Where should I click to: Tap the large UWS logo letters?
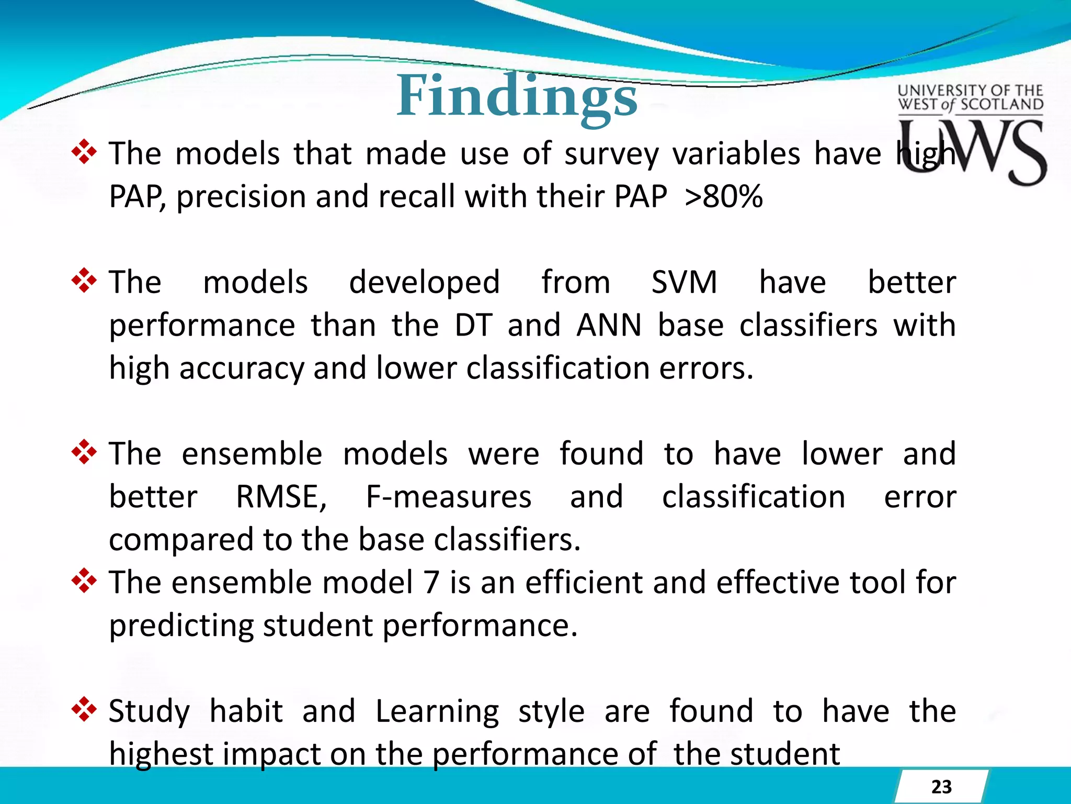[972, 151]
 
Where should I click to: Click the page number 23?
[941, 787]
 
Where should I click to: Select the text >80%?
[723, 197]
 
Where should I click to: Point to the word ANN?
[609, 326]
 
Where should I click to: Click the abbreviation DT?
[473, 326]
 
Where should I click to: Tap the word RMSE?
[281, 497]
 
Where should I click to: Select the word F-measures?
[448, 497]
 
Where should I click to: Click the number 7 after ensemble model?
[431, 583]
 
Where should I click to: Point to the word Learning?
[437, 712]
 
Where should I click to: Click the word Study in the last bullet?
[149, 712]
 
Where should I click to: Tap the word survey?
[611, 155]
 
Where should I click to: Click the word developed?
[424, 283]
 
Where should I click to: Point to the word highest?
[161, 754]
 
